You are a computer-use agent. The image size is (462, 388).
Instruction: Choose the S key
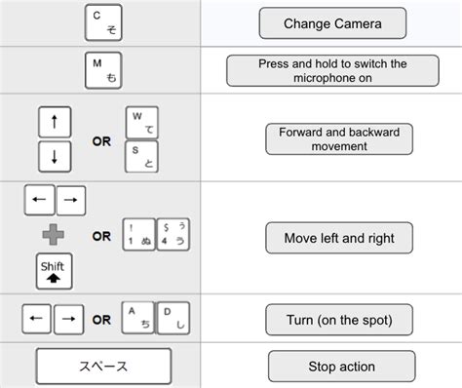pos(142,156)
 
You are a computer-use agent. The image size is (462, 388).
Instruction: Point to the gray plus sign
pos(54,234)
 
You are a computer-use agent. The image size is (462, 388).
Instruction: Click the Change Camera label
pos(331,23)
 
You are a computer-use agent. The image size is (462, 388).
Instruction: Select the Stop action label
pos(332,367)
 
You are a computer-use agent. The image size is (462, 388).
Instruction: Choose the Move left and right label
pos(332,237)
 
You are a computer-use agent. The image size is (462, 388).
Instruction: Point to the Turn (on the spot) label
pos(332,319)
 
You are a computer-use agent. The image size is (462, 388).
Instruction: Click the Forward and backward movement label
pos(332,138)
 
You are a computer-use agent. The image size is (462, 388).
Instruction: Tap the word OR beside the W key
pos(101,139)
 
